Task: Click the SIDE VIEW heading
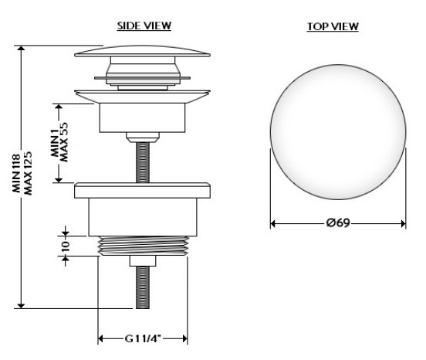click(x=144, y=25)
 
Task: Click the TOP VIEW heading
click(x=333, y=26)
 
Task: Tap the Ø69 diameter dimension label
click(x=338, y=223)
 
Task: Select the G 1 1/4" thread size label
click(x=143, y=339)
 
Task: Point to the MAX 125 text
click(x=28, y=173)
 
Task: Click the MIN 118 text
click(x=17, y=173)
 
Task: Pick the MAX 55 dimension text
click(x=64, y=142)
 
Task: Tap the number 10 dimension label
click(x=66, y=246)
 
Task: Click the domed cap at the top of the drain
click(x=142, y=52)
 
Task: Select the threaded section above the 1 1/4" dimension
click(x=143, y=246)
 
